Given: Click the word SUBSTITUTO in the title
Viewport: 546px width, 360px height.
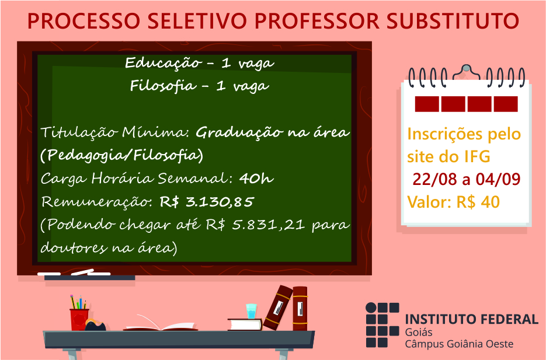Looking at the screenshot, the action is (x=453, y=21).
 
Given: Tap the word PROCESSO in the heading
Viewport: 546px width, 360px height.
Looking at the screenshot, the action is (x=84, y=21).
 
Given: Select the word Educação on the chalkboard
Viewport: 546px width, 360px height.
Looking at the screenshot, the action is (x=164, y=63).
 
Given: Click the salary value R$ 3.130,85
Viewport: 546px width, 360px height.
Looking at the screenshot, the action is (x=207, y=202).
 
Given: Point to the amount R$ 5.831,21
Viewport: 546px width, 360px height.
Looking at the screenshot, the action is (x=255, y=225).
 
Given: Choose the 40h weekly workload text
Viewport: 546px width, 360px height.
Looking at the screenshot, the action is (x=256, y=179).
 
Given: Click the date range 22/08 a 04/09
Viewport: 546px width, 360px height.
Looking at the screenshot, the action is (x=466, y=179).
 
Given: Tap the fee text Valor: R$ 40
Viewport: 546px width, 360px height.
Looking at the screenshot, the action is (x=453, y=202).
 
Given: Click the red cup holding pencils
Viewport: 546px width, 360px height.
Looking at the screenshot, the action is (x=79, y=319).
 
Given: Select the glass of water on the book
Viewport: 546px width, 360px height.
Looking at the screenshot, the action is (x=251, y=312).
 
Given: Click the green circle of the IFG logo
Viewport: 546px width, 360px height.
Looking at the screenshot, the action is (x=371, y=308).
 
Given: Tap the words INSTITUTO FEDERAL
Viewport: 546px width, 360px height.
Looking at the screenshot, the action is (x=472, y=319).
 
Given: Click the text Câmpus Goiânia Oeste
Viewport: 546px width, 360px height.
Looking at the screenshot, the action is (x=459, y=344).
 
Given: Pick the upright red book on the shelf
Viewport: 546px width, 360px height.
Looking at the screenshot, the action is (x=300, y=309).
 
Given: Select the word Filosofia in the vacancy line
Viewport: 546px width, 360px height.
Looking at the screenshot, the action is (x=163, y=86).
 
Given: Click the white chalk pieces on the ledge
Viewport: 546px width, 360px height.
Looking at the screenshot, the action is (x=74, y=272).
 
